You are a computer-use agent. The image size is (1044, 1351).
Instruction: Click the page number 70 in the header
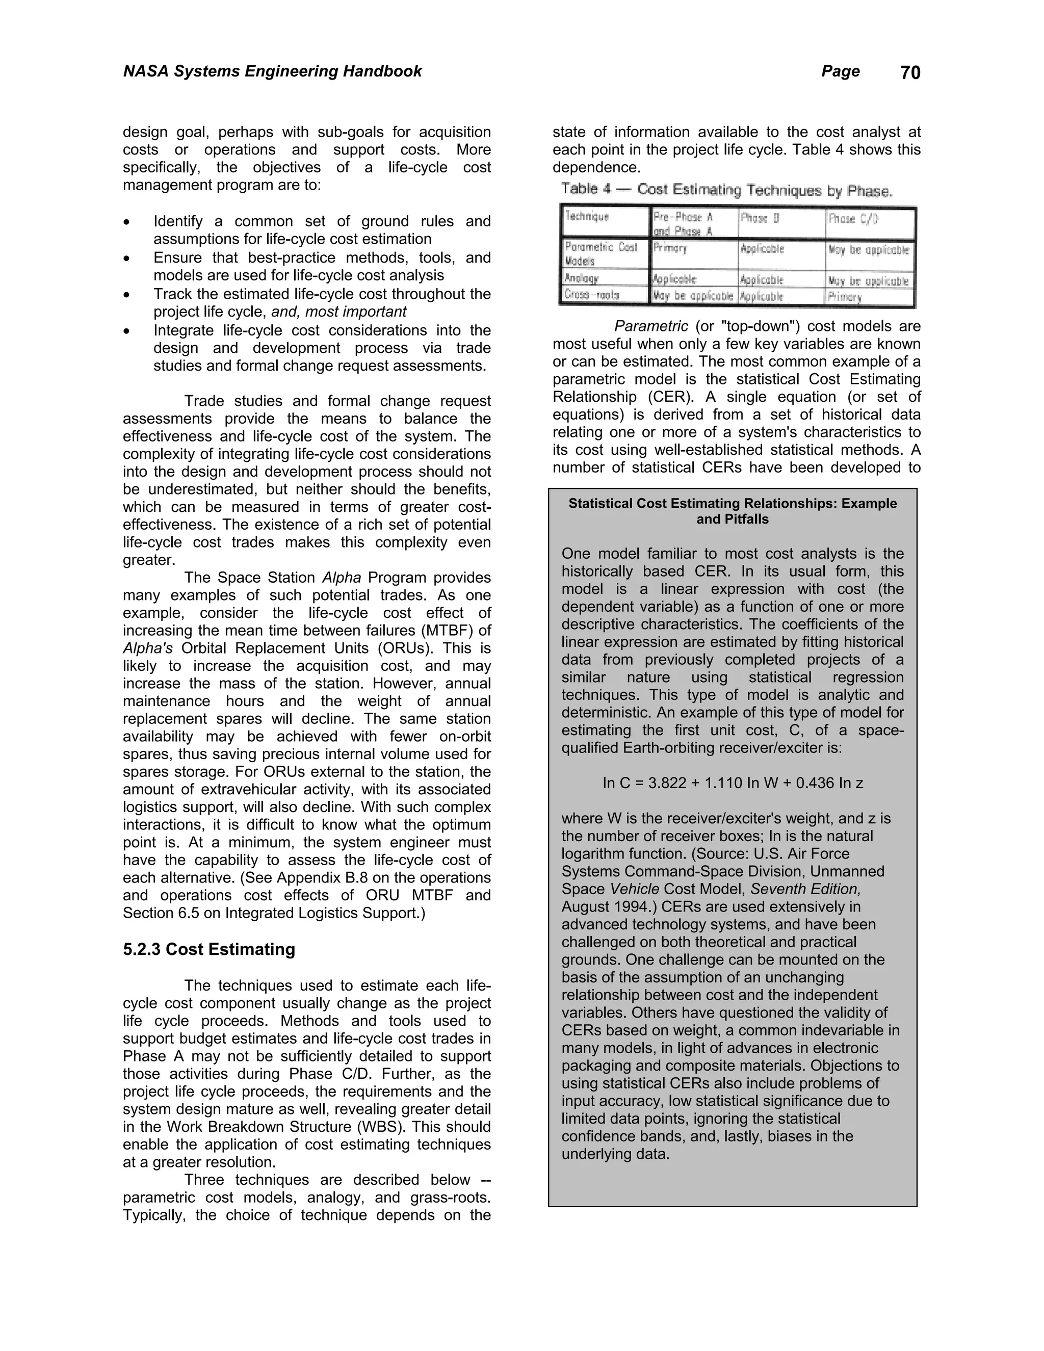click(x=910, y=73)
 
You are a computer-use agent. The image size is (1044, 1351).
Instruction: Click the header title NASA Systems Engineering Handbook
click(x=272, y=71)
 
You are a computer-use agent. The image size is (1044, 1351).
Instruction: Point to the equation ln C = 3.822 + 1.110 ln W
click(x=733, y=783)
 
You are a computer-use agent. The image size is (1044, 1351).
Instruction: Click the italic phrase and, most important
click(x=339, y=312)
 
